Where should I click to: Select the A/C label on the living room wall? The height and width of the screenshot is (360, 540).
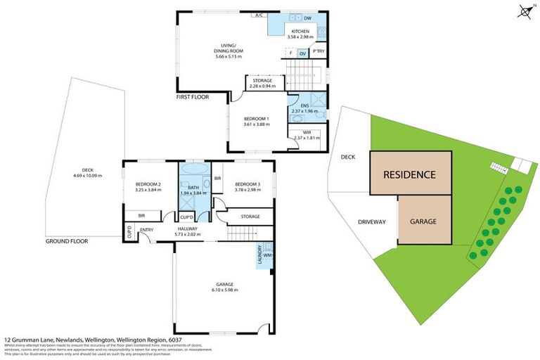[x=259, y=15]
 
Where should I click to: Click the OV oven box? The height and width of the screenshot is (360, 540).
[x=302, y=53]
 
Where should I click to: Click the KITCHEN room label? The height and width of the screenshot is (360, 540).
[x=302, y=30]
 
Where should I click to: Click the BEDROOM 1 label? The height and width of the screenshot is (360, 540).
[x=257, y=119]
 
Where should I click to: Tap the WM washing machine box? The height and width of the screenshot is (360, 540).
[x=268, y=255]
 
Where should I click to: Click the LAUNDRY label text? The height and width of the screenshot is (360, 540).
[x=260, y=254]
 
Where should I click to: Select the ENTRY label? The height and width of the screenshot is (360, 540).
[x=147, y=229]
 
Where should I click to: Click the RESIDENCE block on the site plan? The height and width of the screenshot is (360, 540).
[x=410, y=174]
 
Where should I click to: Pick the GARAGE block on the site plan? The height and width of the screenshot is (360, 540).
[x=424, y=221]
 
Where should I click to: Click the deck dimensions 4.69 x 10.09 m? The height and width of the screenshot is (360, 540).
[x=88, y=176]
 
